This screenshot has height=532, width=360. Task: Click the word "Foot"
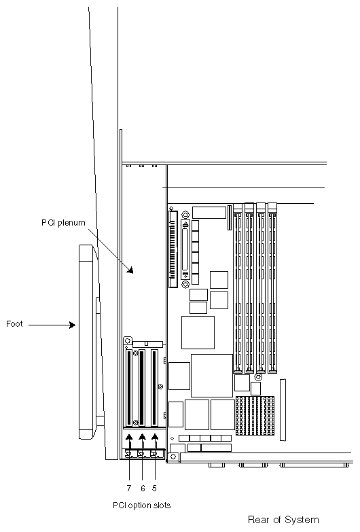[x=14, y=324]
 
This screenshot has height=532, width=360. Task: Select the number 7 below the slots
[x=129, y=488]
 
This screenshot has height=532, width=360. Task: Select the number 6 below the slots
[x=143, y=488]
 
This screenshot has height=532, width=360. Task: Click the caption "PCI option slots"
[x=141, y=505]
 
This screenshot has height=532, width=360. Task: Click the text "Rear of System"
[x=283, y=520]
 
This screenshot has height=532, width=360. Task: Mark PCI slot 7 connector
[x=128, y=387]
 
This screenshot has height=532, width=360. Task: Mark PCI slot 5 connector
[x=156, y=387]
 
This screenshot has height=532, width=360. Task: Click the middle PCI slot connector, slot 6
[x=142, y=387]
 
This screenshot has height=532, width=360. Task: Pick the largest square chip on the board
[x=212, y=375]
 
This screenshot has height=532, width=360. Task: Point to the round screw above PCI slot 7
[x=126, y=341]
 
